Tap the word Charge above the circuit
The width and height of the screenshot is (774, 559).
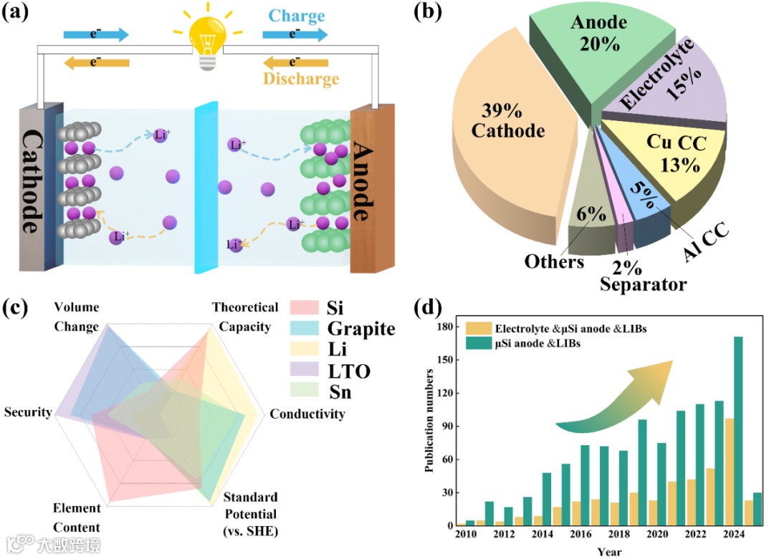297,16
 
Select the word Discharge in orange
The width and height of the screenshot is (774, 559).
300,78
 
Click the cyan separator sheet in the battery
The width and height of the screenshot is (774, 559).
206,186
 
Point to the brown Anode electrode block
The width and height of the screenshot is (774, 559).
371,189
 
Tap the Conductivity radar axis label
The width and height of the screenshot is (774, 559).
307,414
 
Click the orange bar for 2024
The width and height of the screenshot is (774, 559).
729,472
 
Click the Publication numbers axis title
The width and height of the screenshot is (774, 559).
429,419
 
